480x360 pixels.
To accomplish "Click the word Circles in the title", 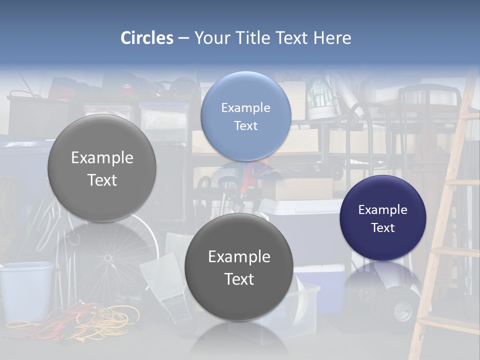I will point(146,38).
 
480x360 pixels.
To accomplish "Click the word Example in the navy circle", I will point(382,210).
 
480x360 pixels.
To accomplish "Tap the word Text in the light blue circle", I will point(245,126).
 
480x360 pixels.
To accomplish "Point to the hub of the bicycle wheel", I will point(107,257).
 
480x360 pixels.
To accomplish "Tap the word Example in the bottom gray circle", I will point(238,257).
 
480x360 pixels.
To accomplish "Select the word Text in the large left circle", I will point(102,180).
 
